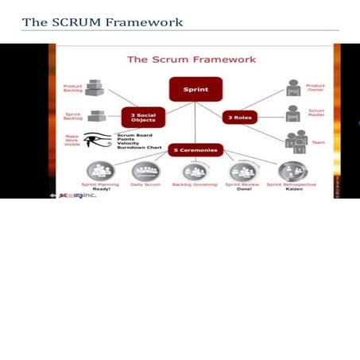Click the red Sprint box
[x=195, y=89]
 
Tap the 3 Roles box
[x=240, y=116]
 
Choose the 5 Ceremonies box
[x=195, y=149]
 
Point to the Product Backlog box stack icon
[x=95, y=87]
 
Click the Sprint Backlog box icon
[x=98, y=116]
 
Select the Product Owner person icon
[x=292, y=88]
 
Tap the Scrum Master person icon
[x=292, y=114]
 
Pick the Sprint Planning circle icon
[x=100, y=170]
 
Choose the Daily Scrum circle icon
[x=145, y=170]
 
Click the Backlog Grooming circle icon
[x=195, y=170]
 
